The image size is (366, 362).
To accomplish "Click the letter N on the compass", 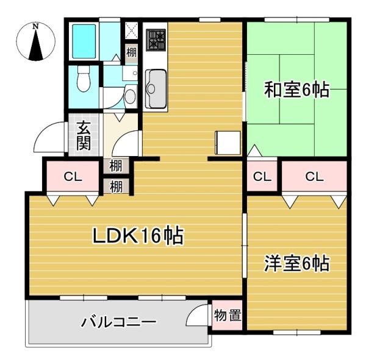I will (x=36, y=26).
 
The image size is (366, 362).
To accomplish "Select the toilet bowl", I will (x=84, y=79).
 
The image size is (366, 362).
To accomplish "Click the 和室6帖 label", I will (x=296, y=90).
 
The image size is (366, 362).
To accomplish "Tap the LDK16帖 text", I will (x=138, y=236).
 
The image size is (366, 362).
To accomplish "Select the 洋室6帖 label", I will (x=296, y=263).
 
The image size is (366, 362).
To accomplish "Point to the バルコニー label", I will (x=119, y=321).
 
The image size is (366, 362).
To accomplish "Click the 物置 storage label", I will (x=228, y=316).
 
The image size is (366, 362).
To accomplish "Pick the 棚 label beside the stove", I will (x=131, y=52).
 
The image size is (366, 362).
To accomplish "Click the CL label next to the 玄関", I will (x=73, y=177).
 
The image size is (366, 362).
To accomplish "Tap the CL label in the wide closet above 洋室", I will (x=314, y=177).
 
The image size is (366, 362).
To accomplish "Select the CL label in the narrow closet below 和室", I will (x=262, y=177).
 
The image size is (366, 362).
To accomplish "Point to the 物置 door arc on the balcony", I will (x=198, y=317).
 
